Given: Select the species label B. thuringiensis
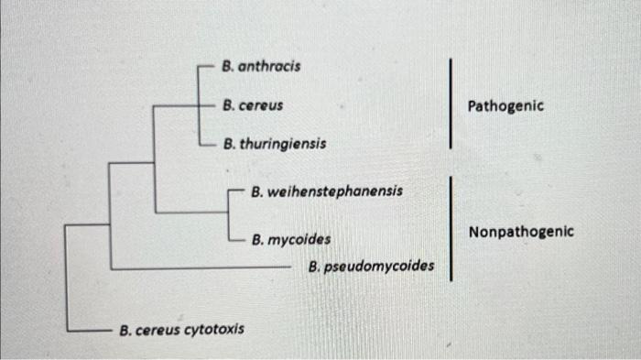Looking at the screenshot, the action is pos(274,144).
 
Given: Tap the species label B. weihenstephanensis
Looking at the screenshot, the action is pos(326,192).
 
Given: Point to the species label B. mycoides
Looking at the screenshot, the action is pos(292,240).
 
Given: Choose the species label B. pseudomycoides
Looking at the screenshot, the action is pos(371,267).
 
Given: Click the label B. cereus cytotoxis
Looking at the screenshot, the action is pos(182,329).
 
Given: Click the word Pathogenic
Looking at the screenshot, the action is pos(505,106).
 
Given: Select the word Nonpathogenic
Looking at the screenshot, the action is pos(521,232).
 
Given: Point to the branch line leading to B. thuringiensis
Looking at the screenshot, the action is pos(209,145).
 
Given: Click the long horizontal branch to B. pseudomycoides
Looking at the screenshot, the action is pos(201,268).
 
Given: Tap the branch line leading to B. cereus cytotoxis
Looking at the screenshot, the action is pos(89,329).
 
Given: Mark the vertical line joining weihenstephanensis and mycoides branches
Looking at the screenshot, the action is pos(227,216).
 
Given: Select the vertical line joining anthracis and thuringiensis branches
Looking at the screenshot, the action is pos(199,104).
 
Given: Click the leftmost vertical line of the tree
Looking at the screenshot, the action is pos(66,275).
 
